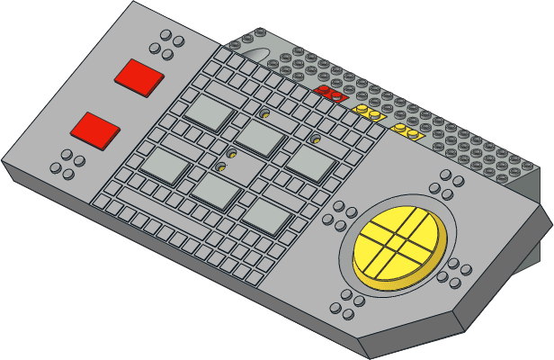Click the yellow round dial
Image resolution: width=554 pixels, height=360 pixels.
[x=399, y=245]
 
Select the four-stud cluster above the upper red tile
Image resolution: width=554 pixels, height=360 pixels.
[x=168, y=43]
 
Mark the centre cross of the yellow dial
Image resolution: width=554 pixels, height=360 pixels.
[x=399, y=243]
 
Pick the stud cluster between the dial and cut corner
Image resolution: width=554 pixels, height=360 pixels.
[x=458, y=270]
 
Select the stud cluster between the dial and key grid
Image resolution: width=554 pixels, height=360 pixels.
[x=344, y=215]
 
